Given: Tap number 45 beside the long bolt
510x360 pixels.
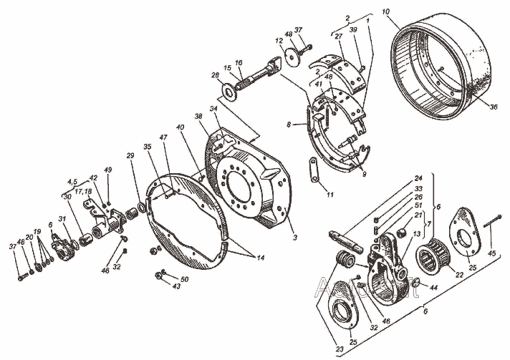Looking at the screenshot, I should (491, 251).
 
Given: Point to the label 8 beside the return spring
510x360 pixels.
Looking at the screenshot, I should (289, 124).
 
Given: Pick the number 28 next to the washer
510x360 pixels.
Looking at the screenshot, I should (214, 74).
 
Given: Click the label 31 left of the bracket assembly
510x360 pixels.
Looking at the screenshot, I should (62, 219).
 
